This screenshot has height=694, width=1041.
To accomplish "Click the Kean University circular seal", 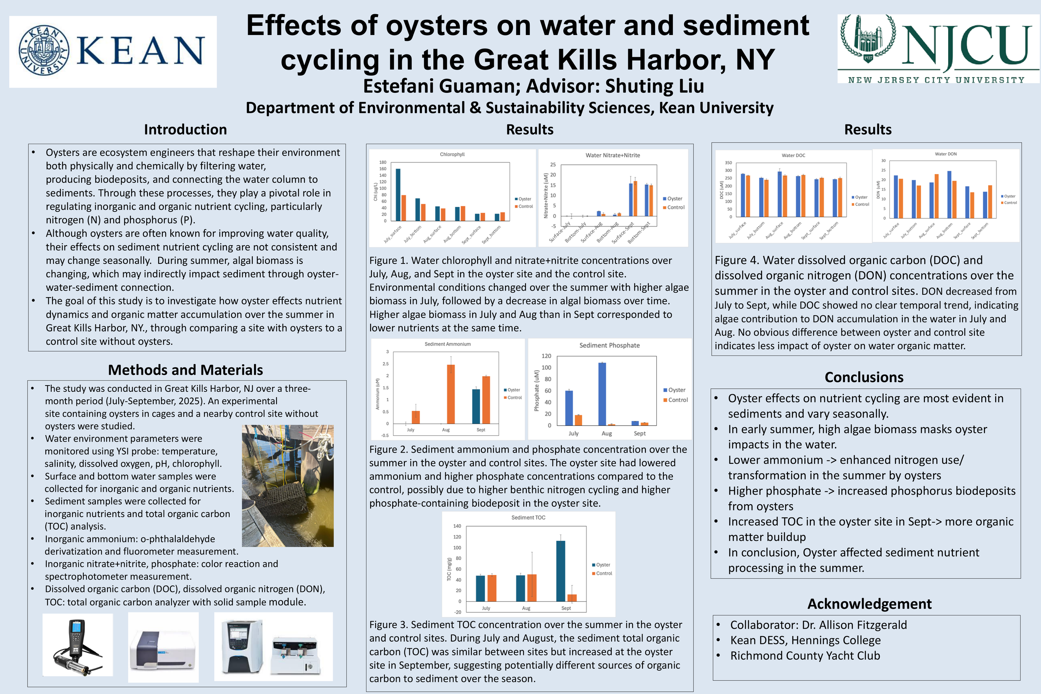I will pyautogui.click(x=44, y=50).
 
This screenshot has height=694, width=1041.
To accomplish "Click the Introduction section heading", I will pyautogui.click(x=185, y=129).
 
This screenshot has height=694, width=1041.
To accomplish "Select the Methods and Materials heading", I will pyautogui.click(x=185, y=370).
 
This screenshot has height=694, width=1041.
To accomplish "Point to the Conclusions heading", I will pyautogui.click(x=864, y=377).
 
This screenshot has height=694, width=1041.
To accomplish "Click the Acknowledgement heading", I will pyautogui.click(x=869, y=603).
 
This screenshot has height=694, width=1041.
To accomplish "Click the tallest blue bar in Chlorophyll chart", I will pyautogui.click(x=398, y=195).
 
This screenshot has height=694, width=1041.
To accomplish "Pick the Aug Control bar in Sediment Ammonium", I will pyautogui.click(x=451, y=394).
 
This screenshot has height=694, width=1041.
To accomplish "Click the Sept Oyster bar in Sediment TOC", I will pyautogui.click(x=560, y=571).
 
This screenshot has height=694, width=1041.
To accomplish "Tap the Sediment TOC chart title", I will pyautogui.click(x=528, y=517).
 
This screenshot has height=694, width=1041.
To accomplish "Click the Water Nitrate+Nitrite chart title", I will pyautogui.click(x=613, y=155).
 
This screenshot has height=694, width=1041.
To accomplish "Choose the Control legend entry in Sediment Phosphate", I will pyautogui.click(x=675, y=400).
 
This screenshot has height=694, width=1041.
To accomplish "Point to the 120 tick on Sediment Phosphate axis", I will pyautogui.click(x=546, y=356).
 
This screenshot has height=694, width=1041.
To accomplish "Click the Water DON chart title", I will pyautogui.click(x=945, y=154).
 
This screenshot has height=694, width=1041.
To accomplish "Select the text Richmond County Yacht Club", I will pyautogui.click(x=804, y=656).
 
